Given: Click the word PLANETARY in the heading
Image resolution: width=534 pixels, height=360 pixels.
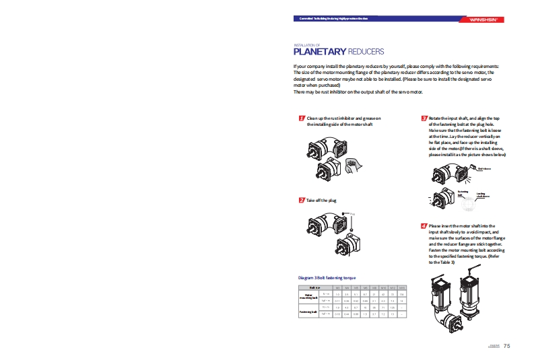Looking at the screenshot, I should click(320, 51).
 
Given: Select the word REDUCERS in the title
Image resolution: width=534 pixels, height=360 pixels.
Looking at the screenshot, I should click(366, 51).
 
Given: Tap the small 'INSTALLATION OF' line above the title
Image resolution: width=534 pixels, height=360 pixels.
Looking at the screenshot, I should click(308, 45).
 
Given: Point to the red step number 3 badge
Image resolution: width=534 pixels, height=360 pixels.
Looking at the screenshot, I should click(424, 118).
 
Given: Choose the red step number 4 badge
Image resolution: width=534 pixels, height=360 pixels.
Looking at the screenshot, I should click(424, 225).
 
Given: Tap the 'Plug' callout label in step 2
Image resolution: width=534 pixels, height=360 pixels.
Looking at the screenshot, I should click(353, 215).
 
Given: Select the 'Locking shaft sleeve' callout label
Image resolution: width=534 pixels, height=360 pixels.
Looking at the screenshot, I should click(481, 195).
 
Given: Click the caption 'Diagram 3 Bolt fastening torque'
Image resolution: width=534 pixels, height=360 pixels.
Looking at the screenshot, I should click(327, 277).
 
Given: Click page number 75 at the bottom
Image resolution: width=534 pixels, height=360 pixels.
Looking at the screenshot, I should click(507, 346).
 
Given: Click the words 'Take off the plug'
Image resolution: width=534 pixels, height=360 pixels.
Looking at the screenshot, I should click(321, 201).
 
